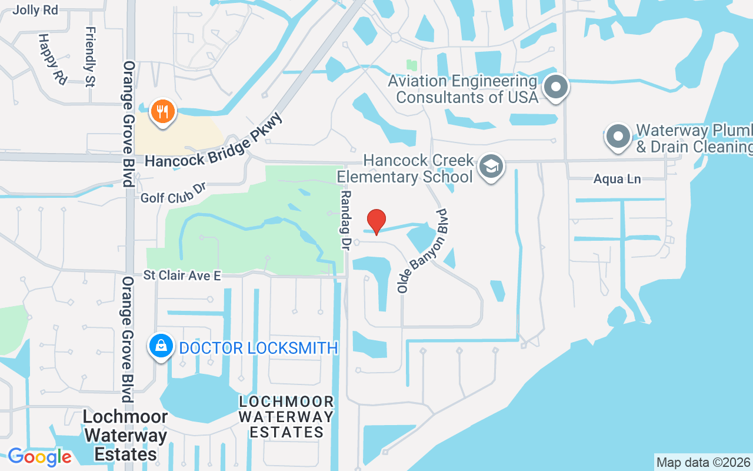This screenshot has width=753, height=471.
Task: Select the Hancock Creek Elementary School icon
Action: pyautogui.click(x=491, y=167)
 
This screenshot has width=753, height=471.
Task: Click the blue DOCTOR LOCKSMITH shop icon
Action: pyautogui.click(x=161, y=346)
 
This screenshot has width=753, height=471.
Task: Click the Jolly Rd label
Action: pyautogui.click(x=35, y=10)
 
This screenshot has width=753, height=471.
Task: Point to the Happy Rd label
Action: pyautogui.click(x=52, y=59)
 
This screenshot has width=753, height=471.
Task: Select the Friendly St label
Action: pyautogui.click(x=91, y=57)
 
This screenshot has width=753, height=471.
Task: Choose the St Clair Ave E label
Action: pyautogui.click(x=182, y=276)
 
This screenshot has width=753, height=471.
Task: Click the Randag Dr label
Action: pyautogui.click(x=345, y=218)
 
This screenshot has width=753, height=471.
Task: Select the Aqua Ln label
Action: pyautogui.click(x=617, y=179)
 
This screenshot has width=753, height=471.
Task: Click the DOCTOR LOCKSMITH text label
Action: pyautogui.click(x=258, y=348)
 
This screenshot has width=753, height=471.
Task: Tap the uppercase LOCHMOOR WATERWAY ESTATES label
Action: pyautogui.click(x=286, y=417)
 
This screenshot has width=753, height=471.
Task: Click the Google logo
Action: pyautogui.click(x=39, y=456)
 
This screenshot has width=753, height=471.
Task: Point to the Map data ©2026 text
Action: pyautogui.click(x=703, y=462)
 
